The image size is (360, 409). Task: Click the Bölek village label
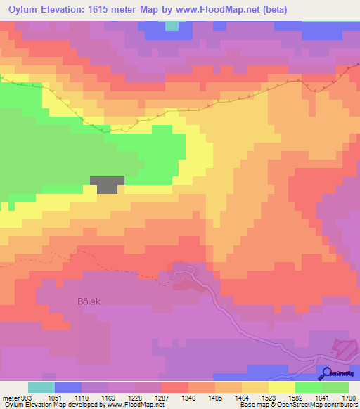pyautogui.click(x=89, y=301)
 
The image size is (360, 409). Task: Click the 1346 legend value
pyautogui.click(x=188, y=398)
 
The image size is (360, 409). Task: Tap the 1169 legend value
pyautogui.click(x=108, y=398)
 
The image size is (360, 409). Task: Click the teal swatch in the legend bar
pyautogui.click(x=41, y=387)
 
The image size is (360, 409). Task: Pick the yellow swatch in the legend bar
pyautogui.click(x=282, y=387)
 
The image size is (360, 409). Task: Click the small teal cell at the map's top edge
pyautogui.click(x=171, y=26)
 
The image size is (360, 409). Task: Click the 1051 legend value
pyautogui.click(x=55, y=398)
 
